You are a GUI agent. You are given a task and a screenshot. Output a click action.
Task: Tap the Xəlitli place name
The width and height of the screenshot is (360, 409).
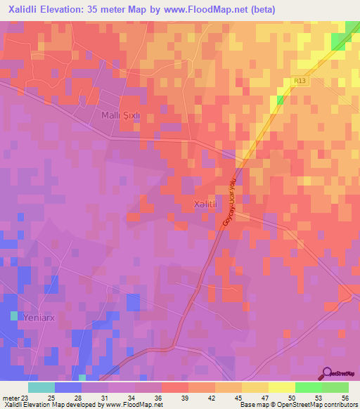tap(207, 204)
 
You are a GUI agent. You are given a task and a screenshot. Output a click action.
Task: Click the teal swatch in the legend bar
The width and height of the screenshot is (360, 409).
tap(41, 387)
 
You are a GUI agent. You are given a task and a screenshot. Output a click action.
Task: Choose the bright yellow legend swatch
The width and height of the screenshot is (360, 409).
tap(281, 387)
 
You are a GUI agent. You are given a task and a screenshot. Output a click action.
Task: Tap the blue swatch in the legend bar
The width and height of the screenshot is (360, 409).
tap(67, 387)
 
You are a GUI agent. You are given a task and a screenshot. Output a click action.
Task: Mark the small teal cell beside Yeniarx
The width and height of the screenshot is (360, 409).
tap(14, 316)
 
